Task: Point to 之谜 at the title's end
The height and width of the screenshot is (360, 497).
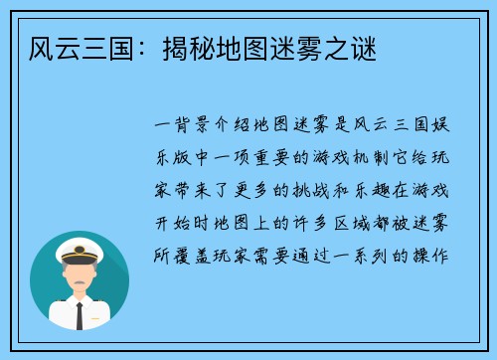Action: pos(352,48)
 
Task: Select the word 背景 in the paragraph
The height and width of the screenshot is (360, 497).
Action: pos(191,126)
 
